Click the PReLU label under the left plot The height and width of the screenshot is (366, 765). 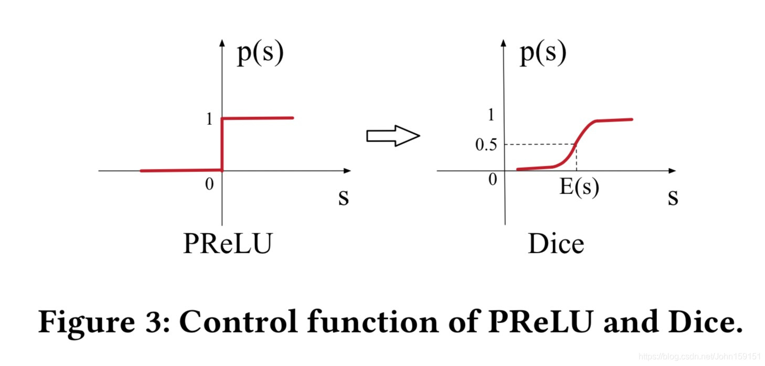coord(227,244)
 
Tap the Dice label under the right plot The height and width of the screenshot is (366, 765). coord(556,244)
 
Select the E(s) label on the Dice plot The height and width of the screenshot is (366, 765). coord(579,187)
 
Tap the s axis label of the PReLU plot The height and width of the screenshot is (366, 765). coord(343,198)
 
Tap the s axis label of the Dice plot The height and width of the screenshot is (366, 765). coord(673,198)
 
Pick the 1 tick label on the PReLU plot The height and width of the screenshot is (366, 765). coord(210,120)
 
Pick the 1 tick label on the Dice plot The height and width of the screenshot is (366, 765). coord(491,115)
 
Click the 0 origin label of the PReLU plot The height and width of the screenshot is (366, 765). coord(209,185)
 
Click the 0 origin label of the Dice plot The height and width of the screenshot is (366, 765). coord(492,180)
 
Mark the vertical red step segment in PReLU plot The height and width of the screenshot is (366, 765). coord(222,144)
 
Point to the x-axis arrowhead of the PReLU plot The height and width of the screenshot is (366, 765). coord(347,170)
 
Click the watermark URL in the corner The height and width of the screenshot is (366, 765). coord(700,356)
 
